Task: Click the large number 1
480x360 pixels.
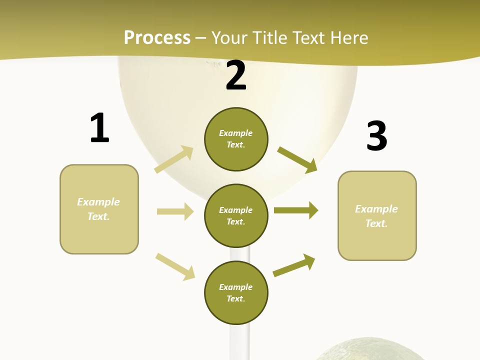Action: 99,128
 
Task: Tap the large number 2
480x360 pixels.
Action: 236,76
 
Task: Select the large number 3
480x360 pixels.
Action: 376,136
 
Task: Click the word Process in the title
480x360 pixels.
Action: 157,38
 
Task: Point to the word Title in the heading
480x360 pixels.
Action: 269,38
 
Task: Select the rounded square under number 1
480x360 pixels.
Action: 99,209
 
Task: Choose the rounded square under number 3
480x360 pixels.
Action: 377,215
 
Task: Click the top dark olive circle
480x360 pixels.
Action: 236,139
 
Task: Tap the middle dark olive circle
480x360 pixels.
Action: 236,215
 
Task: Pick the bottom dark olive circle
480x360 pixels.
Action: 236,292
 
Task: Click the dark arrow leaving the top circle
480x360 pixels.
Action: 297,159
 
